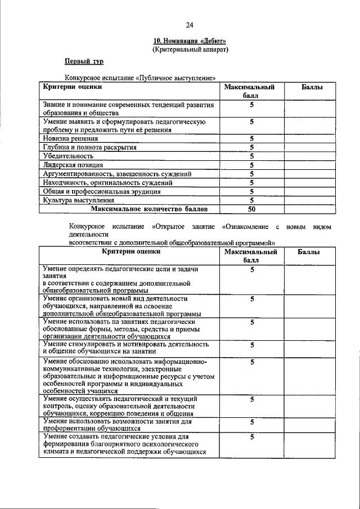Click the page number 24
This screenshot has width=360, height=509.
190,25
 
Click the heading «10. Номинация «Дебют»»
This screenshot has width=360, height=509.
190,41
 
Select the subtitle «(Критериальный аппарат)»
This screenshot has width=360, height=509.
190,49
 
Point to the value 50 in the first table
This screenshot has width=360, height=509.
252,209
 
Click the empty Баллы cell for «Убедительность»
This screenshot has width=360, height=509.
309,156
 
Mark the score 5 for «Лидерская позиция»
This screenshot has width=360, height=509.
252,165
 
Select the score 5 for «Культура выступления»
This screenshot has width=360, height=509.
252,200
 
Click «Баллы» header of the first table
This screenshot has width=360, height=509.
309,88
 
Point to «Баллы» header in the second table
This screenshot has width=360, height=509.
309,253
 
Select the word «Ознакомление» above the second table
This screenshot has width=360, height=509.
246,227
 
